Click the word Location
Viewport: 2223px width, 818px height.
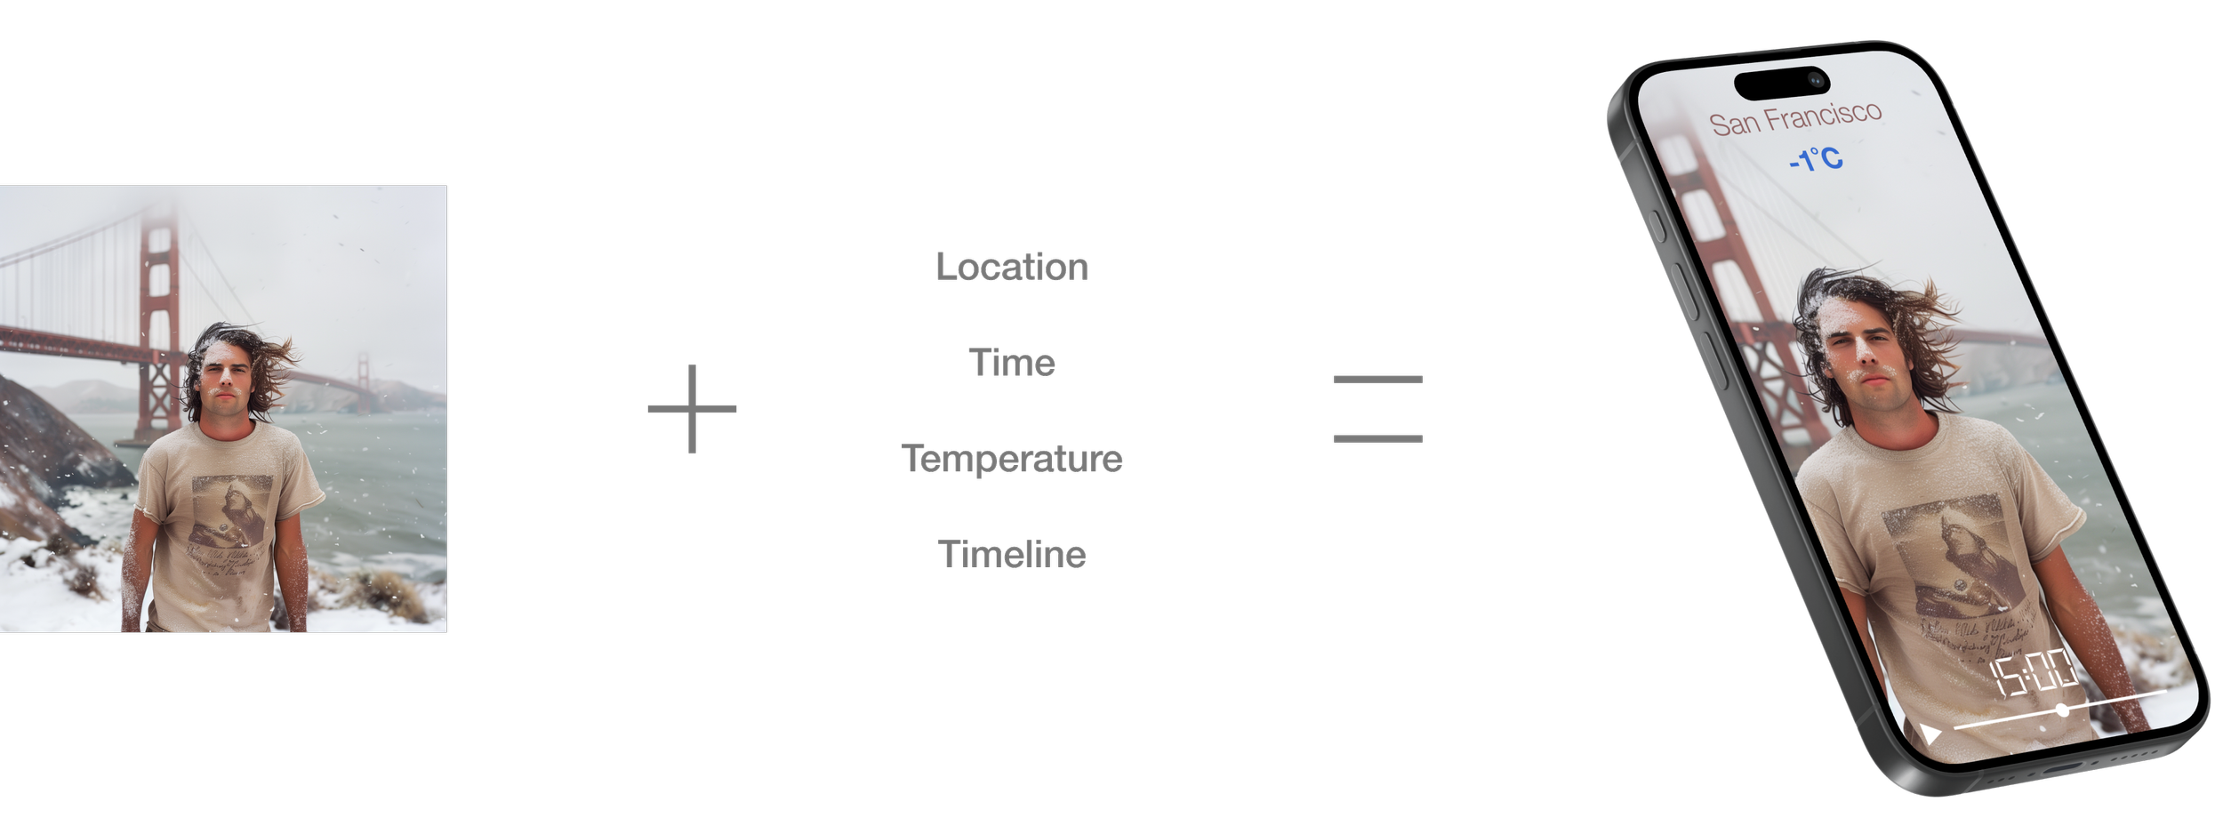point(1012,267)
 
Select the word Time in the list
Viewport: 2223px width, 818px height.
point(1012,363)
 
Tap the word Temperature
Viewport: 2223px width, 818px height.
point(1012,459)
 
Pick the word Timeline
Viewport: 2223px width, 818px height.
point(1012,555)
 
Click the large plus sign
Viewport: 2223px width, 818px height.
point(692,409)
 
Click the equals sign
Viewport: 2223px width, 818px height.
point(1377,409)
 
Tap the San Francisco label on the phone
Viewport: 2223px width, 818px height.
point(1795,118)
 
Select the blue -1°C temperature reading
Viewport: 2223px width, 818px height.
point(1816,159)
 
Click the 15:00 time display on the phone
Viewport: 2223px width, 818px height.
point(2034,672)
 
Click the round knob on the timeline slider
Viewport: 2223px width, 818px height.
point(2062,710)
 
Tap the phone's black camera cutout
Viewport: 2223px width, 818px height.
point(1782,83)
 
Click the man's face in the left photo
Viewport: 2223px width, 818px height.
point(226,374)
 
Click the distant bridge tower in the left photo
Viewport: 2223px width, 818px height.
point(364,382)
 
